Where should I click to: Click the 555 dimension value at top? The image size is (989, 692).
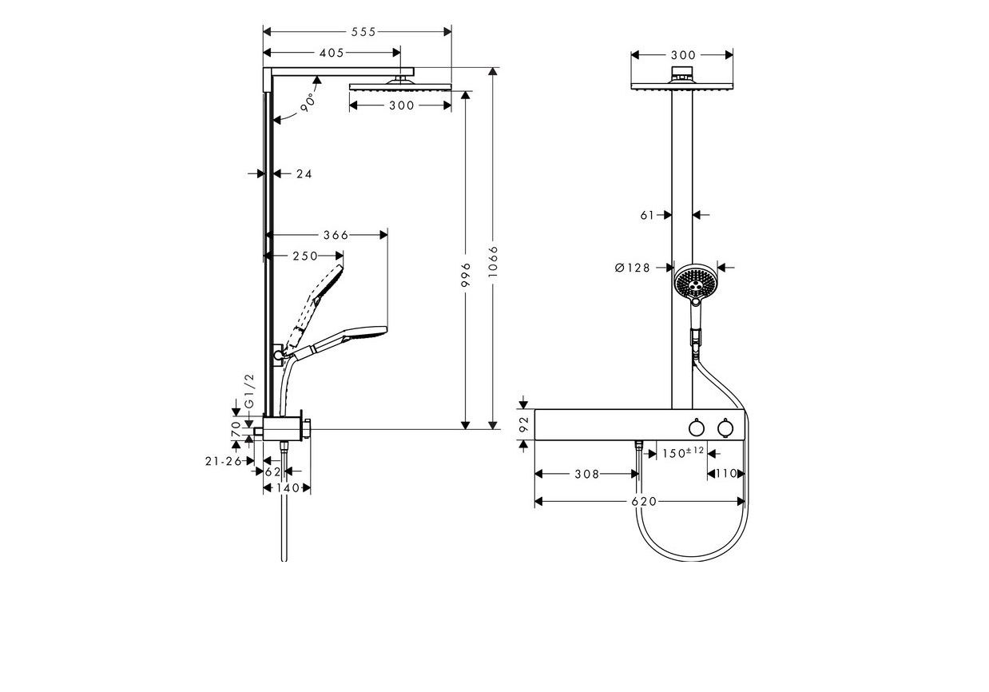(363, 31)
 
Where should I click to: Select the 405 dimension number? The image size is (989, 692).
(331, 53)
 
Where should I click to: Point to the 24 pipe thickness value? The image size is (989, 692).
(304, 173)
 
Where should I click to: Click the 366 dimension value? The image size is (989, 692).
(336, 235)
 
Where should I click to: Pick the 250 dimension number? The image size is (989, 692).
(304, 256)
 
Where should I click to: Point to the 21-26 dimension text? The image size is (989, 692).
(222, 461)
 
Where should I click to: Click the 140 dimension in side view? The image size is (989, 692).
(288, 487)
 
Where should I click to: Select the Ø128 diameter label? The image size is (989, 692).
(633, 268)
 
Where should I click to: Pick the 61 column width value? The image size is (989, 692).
(647, 214)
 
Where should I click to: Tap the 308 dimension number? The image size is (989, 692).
(586, 474)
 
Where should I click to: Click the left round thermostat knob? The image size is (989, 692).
(696, 429)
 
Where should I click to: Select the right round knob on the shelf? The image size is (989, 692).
(725, 429)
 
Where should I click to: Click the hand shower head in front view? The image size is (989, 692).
(693, 282)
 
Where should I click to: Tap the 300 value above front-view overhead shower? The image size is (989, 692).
(683, 55)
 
